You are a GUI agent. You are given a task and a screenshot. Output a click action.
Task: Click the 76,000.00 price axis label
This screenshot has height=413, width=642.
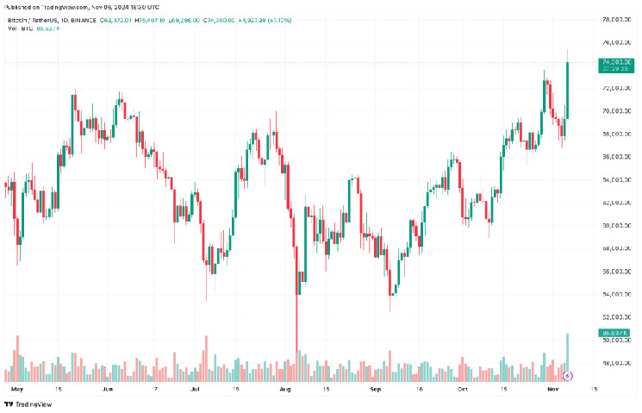point(614,41)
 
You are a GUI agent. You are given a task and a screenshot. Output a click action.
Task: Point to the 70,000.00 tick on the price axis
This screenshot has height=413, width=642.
point(614,110)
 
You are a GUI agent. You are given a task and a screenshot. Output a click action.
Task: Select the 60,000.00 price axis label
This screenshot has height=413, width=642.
point(614,225)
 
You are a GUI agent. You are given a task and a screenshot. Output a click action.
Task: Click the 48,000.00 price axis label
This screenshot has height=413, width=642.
point(614,363)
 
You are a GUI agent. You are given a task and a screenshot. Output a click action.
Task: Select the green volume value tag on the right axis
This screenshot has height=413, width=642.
point(613,333)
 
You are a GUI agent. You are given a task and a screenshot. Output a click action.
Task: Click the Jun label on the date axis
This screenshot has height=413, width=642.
point(107,389)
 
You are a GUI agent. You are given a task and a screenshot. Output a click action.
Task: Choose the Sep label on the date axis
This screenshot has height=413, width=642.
point(375,389)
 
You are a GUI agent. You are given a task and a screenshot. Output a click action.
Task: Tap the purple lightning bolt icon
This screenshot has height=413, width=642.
point(568,376)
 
